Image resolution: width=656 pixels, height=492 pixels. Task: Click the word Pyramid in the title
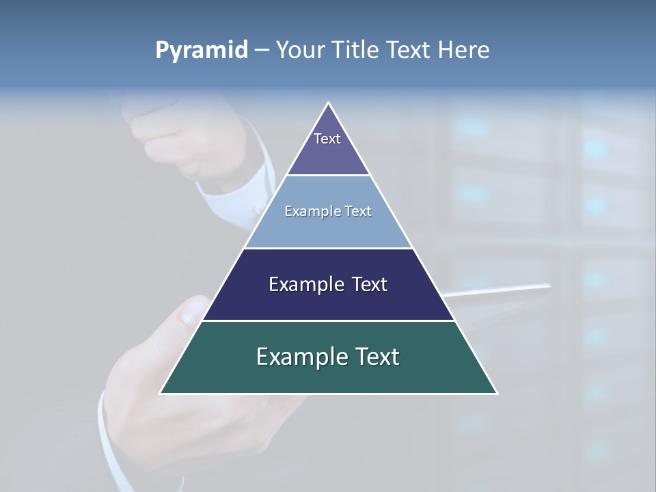click(201, 51)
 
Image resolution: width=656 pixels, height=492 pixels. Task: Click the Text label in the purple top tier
click(327, 139)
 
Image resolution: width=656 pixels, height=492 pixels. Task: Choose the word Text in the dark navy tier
click(370, 284)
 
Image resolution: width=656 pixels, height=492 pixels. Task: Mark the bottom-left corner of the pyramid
click(161, 393)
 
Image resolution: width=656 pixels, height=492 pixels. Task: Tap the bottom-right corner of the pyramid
click(496, 393)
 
